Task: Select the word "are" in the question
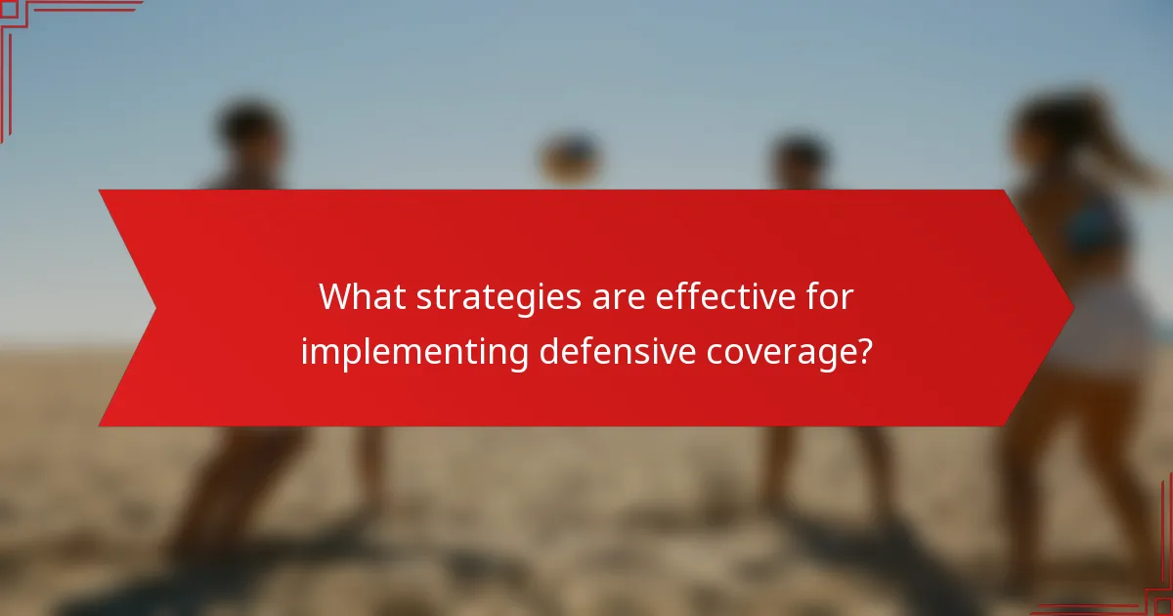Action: coord(620,295)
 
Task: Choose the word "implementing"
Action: coord(416,352)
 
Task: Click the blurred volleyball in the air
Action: coord(570,156)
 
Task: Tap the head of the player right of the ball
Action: coord(800,156)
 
